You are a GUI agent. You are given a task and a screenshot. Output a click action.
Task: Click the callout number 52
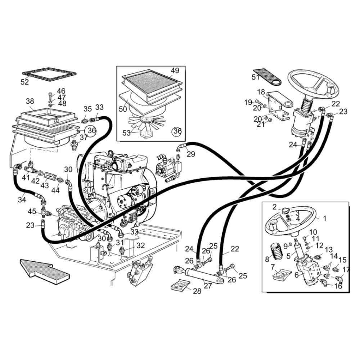click(x=24, y=82)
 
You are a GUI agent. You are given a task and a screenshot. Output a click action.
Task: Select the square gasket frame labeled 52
click(x=49, y=75)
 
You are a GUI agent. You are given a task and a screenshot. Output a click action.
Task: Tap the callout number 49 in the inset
click(x=175, y=70)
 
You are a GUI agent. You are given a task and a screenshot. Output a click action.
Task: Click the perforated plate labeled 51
click(x=267, y=77)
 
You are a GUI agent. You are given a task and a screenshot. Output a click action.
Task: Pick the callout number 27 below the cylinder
click(x=207, y=285)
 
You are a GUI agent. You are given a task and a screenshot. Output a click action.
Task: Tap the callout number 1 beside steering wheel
click(x=324, y=219)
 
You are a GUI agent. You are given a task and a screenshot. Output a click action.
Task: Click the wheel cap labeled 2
click(x=285, y=210)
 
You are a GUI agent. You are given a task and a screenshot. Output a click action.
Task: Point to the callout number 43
click(x=45, y=185)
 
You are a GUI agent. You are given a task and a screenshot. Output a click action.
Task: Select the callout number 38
click(x=30, y=101)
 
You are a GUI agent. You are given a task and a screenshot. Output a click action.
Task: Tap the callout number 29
click(x=190, y=154)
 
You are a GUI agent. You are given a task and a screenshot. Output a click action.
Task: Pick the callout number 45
click(x=32, y=211)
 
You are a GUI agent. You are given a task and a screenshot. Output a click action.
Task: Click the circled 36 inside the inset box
click(x=177, y=131)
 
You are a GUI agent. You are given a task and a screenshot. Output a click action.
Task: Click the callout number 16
click(x=338, y=286)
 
